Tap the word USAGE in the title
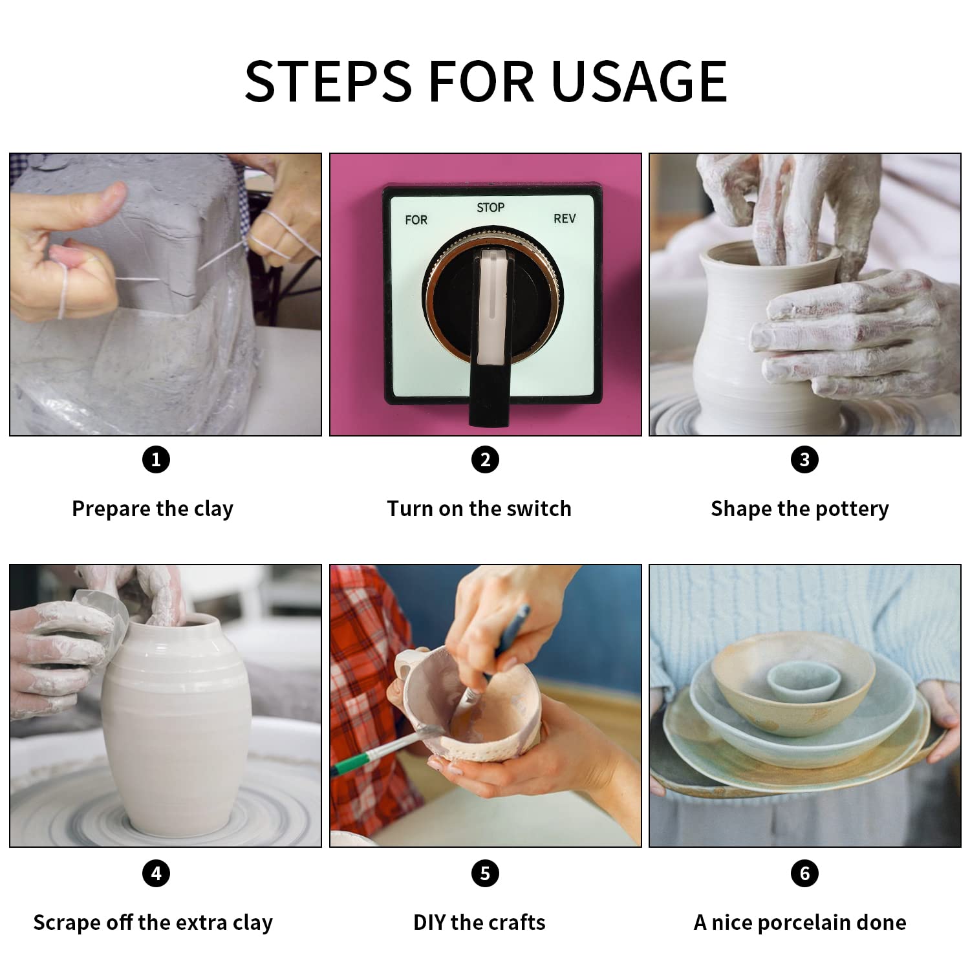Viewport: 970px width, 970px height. click(x=640, y=81)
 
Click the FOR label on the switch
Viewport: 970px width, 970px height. click(x=416, y=220)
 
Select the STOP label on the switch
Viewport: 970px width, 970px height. click(x=490, y=208)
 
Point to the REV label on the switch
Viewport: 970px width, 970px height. click(x=565, y=219)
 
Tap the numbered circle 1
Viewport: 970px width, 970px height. click(x=156, y=460)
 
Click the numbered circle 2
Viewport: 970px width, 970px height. click(x=485, y=460)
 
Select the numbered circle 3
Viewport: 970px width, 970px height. click(x=804, y=460)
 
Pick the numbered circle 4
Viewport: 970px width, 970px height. click(x=156, y=874)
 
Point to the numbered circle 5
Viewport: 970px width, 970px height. click(x=485, y=874)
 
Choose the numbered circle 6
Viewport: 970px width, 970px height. click(x=804, y=874)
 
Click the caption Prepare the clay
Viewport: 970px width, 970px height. click(x=153, y=509)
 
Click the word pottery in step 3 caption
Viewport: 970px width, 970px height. click(x=852, y=510)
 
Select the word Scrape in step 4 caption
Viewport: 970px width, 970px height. click(x=67, y=923)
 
